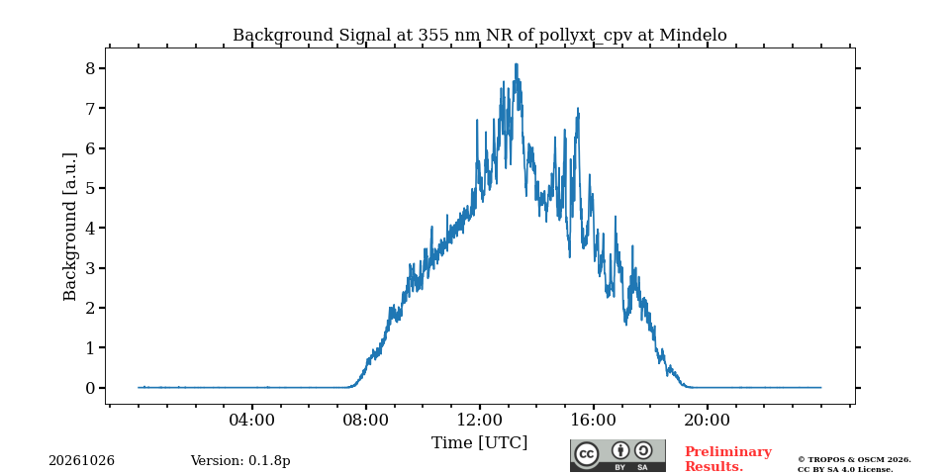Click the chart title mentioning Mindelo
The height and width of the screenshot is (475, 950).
coord(479,36)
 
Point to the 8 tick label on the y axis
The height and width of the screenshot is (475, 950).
coord(91,68)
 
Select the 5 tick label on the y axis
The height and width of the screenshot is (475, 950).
coord(91,188)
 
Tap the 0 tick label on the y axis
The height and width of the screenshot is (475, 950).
coord(91,388)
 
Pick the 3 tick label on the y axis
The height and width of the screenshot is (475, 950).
coord(91,268)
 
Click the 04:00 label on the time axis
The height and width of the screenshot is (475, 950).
coord(252,420)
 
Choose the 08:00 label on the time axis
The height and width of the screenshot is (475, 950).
coord(366,420)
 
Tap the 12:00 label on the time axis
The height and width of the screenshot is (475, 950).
coord(480,420)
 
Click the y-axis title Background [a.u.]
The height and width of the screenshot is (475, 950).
coord(70,228)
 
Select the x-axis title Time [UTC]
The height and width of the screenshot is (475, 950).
coord(479,443)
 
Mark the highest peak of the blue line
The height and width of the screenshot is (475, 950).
coord(517,63)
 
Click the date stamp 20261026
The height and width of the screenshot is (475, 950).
coord(82,461)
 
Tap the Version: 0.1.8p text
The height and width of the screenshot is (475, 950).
coord(240,461)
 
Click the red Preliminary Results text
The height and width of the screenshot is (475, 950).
coord(728,459)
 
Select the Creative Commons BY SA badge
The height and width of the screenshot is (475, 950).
coord(617,455)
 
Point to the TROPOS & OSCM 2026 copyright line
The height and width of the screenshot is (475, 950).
coord(854,460)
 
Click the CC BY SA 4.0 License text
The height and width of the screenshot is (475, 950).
coord(845,469)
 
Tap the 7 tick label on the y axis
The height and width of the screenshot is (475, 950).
coord(91,108)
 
